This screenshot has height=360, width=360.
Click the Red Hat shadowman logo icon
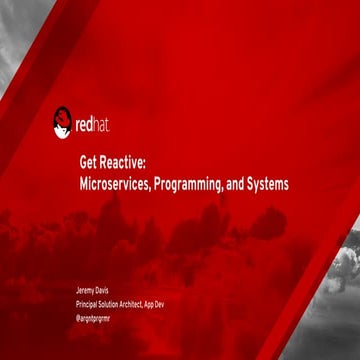coord(62,123)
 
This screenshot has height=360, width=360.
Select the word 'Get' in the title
coord(89,166)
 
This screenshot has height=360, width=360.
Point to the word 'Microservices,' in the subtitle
coord(115,184)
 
